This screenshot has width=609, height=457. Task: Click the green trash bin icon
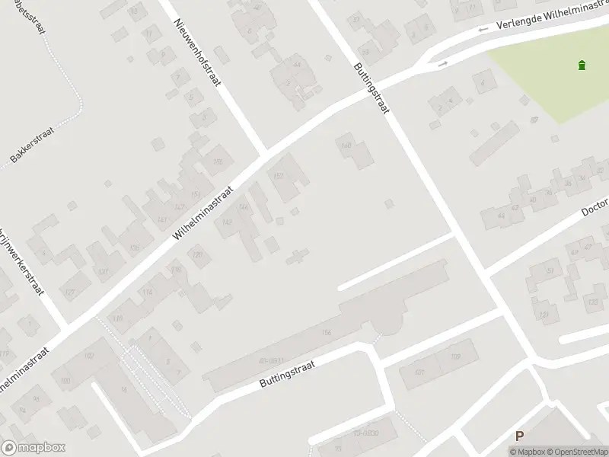582,65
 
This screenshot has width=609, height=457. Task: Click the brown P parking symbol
520,436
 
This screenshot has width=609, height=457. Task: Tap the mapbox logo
33,448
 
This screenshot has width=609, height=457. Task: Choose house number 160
346,145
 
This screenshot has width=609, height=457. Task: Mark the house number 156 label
327,332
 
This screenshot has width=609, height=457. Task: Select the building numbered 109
117,318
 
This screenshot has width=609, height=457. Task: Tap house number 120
198,255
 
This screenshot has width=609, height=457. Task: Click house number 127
70,292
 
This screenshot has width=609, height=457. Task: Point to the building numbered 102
88,356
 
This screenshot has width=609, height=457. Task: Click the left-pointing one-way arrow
482,30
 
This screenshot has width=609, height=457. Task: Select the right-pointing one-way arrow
442,65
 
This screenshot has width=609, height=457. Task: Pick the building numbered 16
124,389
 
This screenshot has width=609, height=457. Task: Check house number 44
501,216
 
